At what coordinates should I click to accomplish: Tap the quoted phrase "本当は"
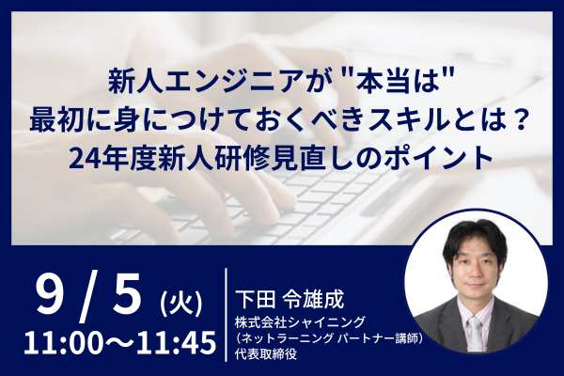(394, 84)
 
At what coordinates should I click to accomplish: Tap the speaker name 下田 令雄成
(290, 299)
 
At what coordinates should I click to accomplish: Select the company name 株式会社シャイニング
(301, 322)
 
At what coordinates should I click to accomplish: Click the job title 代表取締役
(266, 353)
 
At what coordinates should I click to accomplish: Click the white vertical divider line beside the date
(226, 315)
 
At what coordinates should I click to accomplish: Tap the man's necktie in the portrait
(475, 335)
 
